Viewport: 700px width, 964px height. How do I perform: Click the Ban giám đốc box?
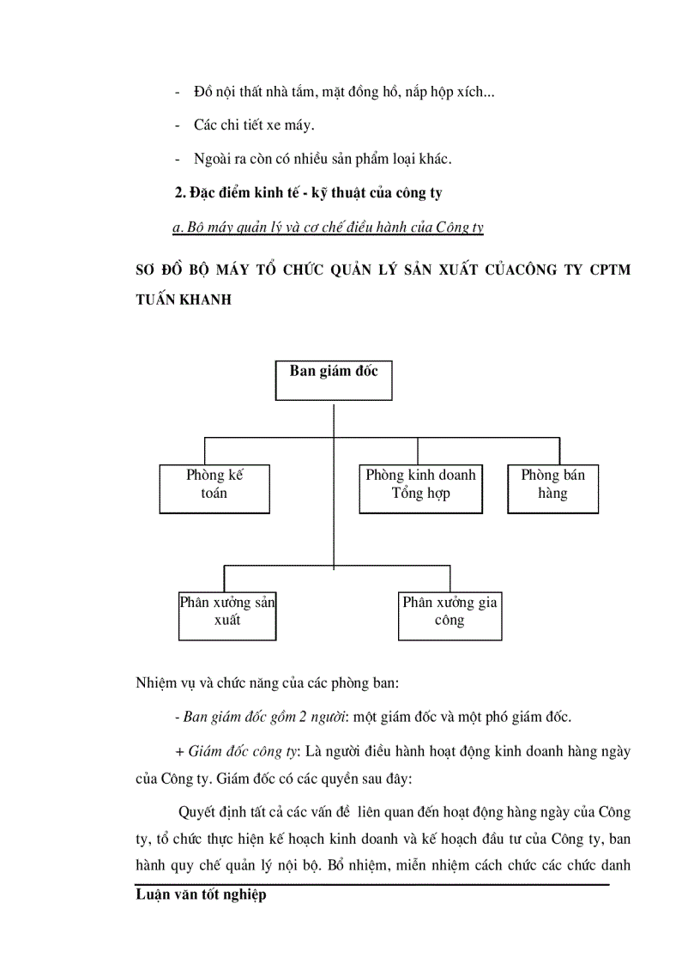(x=333, y=380)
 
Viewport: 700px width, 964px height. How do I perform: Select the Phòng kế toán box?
(x=214, y=488)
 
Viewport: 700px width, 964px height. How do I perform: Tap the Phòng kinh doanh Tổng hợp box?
(x=420, y=488)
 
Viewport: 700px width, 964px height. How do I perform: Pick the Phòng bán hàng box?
(x=552, y=488)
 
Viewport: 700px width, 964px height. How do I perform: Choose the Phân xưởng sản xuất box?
(x=227, y=615)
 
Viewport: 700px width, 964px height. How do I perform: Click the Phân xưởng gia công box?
(x=450, y=615)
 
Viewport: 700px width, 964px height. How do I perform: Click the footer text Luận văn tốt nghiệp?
(x=201, y=895)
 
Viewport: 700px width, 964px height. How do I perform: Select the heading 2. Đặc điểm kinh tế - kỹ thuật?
(x=309, y=193)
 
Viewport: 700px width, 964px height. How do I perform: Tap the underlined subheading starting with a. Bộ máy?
(x=329, y=227)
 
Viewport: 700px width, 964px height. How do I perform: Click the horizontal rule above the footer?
(x=372, y=884)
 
